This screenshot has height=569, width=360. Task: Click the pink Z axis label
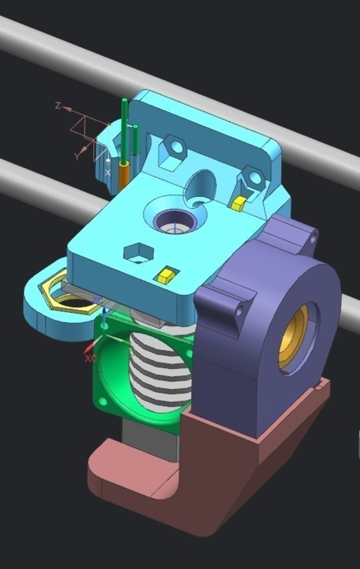click(58, 105)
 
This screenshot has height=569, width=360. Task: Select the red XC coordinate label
click(91, 358)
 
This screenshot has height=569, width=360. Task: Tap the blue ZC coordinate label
click(98, 300)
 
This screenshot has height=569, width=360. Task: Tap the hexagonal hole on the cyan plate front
click(139, 253)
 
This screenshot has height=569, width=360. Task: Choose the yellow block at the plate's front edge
click(165, 275)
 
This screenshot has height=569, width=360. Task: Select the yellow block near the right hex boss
click(238, 203)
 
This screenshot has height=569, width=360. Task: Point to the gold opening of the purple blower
click(292, 335)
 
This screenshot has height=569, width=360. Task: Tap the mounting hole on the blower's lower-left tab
click(239, 311)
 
